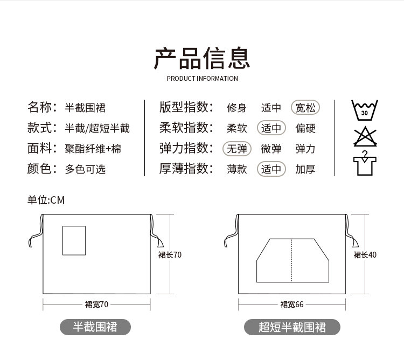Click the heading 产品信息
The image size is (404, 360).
(202, 59)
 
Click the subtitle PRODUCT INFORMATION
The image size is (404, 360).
(202, 79)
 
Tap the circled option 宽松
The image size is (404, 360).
(305, 108)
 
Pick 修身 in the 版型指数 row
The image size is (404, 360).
(237, 108)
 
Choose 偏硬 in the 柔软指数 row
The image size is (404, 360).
(305, 128)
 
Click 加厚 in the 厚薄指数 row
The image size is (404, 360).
(305, 169)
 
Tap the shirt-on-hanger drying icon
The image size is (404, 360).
(365, 163)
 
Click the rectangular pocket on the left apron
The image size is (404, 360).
(74, 240)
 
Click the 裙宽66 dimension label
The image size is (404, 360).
(292, 304)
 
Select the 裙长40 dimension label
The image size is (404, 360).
(365, 255)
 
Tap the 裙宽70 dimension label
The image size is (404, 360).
(96, 304)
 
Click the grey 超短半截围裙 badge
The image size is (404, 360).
(292, 327)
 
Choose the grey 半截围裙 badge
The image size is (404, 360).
(95, 326)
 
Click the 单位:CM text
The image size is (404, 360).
(46, 200)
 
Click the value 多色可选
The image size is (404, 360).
(85, 169)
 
